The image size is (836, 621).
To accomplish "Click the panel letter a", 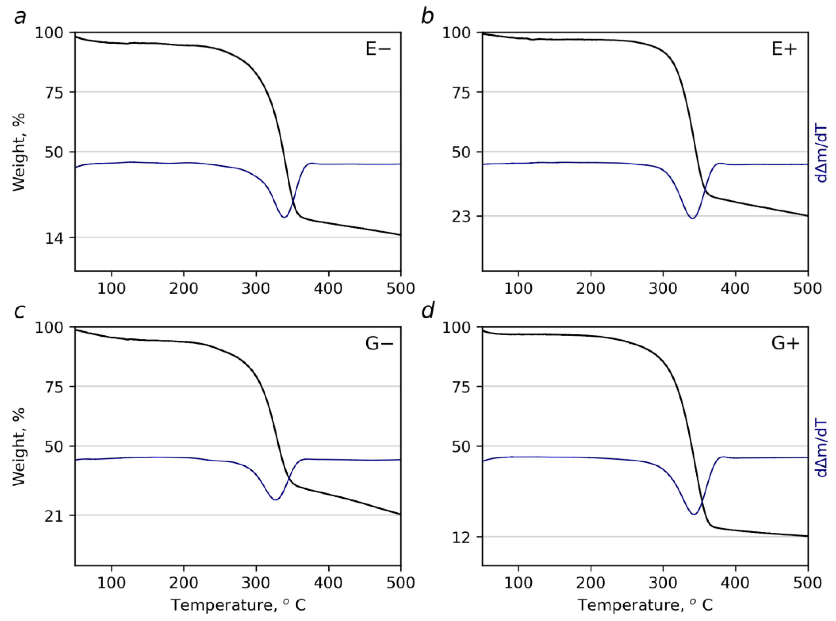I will tap(20, 17).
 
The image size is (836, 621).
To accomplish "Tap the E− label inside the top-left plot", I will tap(379, 49).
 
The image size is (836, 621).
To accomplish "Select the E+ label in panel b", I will tap(784, 49).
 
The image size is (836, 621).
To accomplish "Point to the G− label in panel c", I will tap(379, 344).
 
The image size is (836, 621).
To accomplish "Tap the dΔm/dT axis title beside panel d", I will tap(822, 448).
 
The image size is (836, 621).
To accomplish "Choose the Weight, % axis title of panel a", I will tap(19, 152).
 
